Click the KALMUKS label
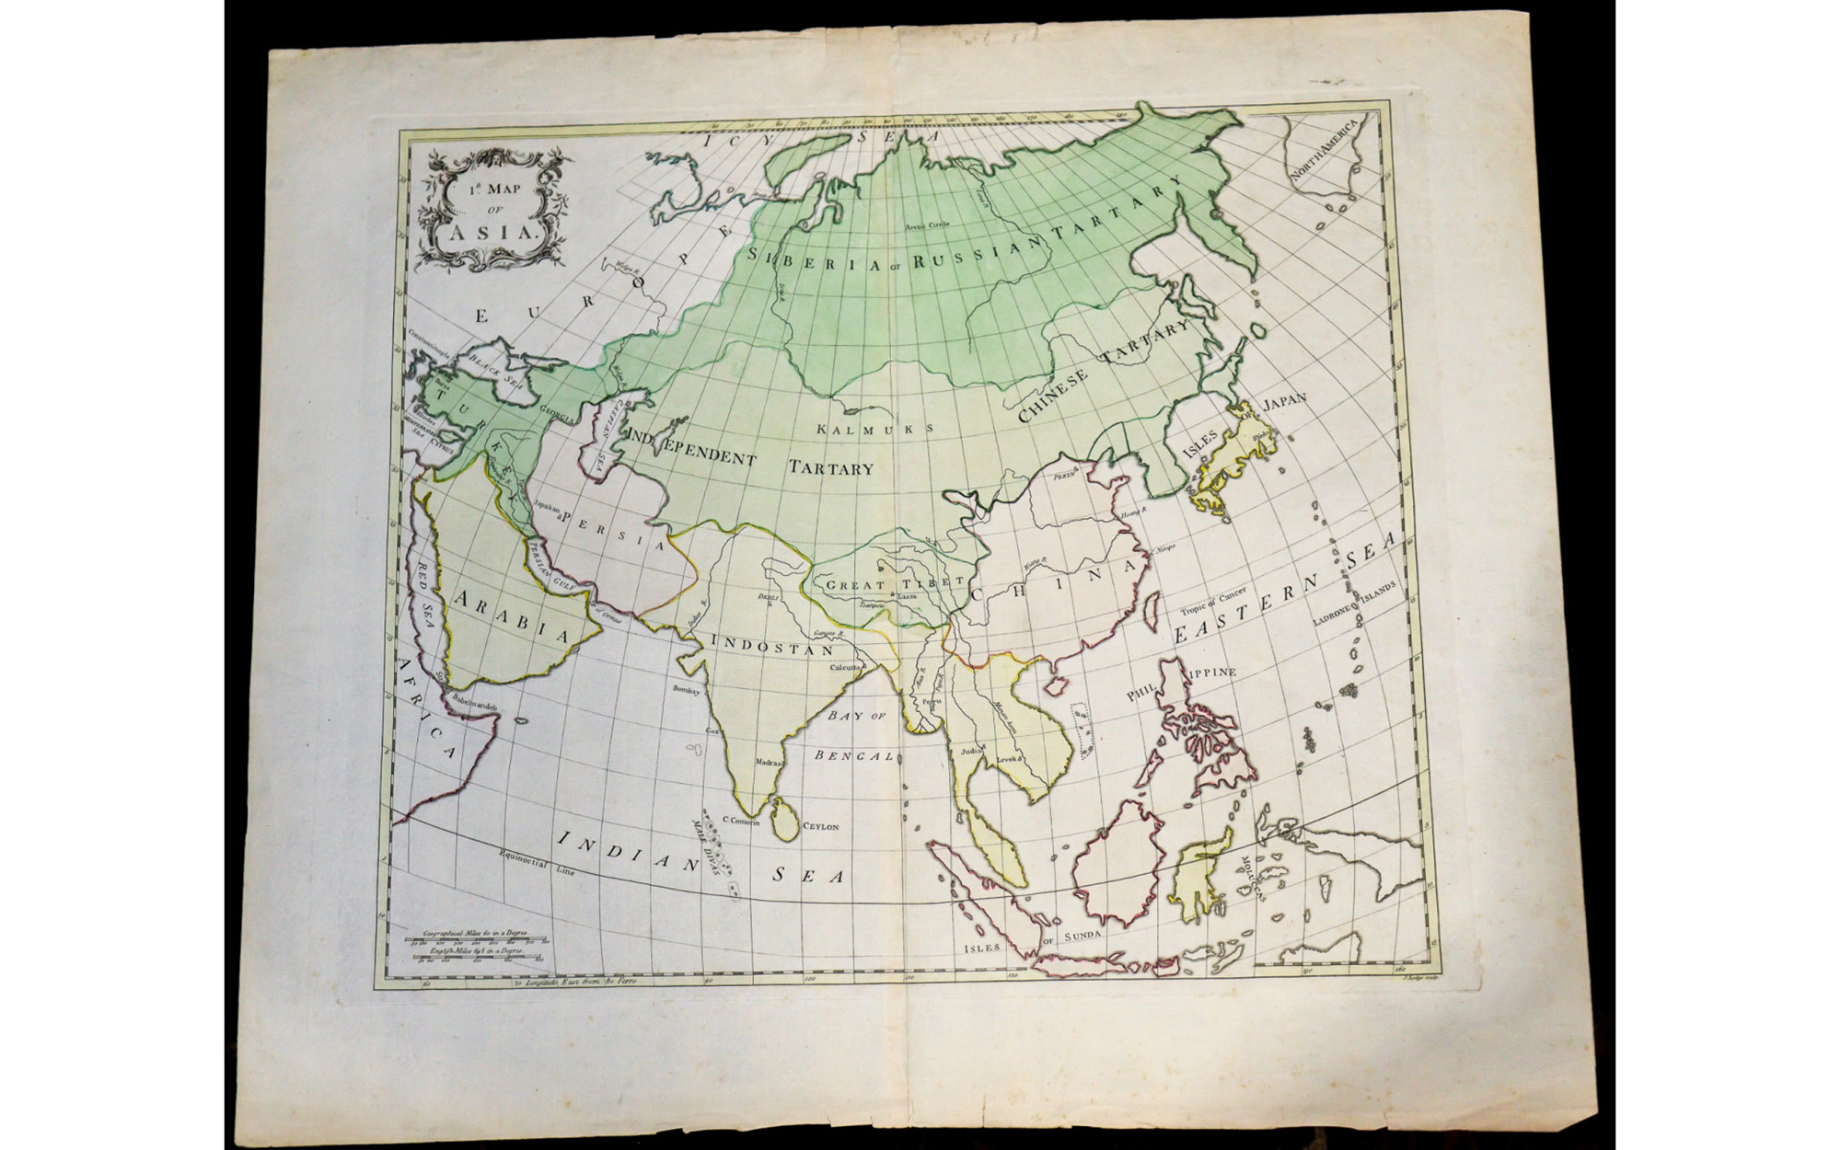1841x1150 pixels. [x=875, y=429]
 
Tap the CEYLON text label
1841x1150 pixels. [x=822, y=827]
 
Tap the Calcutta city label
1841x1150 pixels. [x=845, y=667]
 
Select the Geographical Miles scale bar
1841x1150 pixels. [x=480, y=941]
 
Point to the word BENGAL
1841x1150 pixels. [x=853, y=755]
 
